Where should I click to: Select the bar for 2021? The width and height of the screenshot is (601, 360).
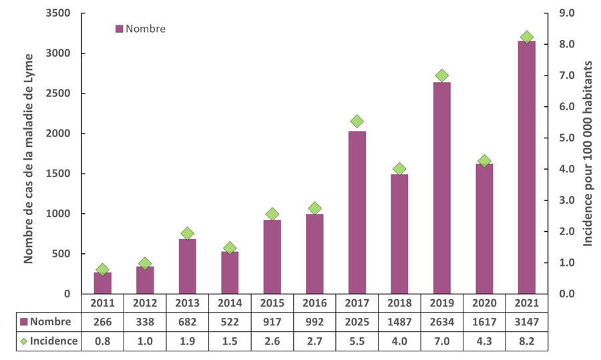(526, 167)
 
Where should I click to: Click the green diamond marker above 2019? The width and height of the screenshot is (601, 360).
(441, 76)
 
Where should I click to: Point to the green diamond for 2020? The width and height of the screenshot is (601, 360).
(484, 161)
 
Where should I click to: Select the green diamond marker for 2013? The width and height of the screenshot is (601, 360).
(187, 234)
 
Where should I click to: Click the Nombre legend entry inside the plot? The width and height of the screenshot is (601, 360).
(140, 29)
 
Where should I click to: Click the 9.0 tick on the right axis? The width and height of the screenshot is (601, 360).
(568, 13)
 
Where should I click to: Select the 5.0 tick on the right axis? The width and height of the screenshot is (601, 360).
(568, 138)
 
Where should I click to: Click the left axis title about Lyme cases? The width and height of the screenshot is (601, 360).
(29, 154)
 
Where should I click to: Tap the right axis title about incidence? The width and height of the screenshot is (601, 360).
(589, 154)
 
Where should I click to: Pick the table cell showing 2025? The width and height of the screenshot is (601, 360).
(357, 321)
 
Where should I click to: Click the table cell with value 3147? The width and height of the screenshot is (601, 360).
(526, 321)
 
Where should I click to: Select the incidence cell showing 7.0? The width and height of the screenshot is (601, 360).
(441, 341)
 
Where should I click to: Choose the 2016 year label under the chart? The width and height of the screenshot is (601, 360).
(314, 303)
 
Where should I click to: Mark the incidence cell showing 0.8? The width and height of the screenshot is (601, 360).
(102, 341)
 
